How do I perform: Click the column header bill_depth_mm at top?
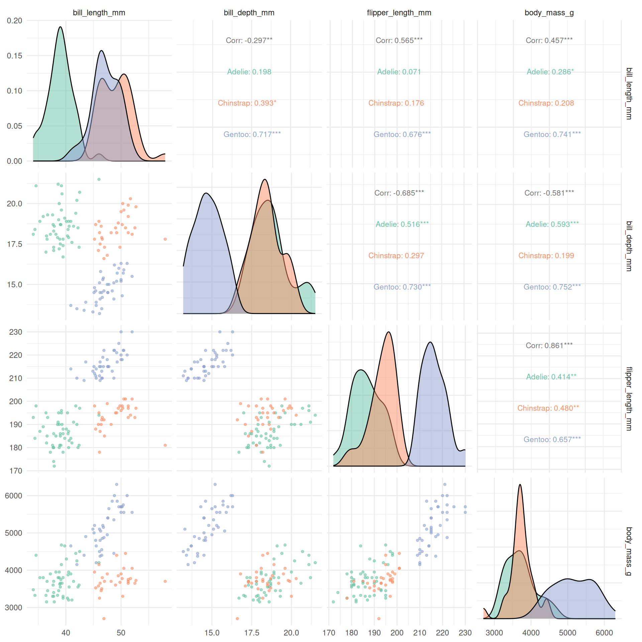tap(249, 13)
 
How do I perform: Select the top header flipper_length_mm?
tap(399, 13)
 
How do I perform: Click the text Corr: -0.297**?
tap(249, 40)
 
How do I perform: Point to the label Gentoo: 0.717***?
tap(252, 134)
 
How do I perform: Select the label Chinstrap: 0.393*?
tap(247, 103)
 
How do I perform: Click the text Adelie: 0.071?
tap(399, 72)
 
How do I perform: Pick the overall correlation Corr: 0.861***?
tap(549, 345)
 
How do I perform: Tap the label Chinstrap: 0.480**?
tap(548, 408)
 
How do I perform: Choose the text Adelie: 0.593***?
tap(552, 224)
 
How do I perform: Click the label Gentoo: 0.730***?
tap(402, 287)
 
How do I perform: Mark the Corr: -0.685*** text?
tap(399, 193)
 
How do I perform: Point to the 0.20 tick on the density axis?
tap(14, 21)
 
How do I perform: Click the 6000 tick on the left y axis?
tap(13, 496)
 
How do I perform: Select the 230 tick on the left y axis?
tap(15, 332)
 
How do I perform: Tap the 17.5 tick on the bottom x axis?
tap(251, 633)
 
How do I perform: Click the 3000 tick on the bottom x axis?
tap(494, 633)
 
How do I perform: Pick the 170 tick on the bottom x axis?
tap(329, 633)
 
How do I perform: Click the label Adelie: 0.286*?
tap(550, 72)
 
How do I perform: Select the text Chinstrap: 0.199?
tap(546, 256)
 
